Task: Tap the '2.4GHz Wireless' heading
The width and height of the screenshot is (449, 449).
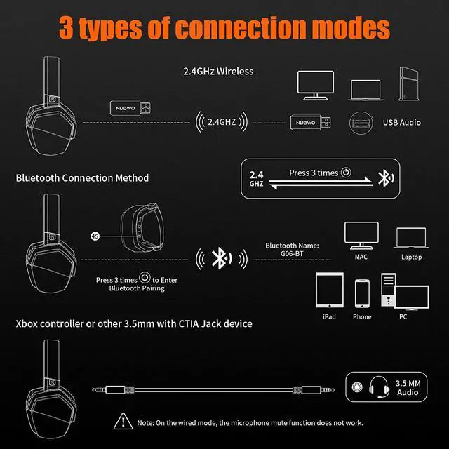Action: click(x=218, y=71)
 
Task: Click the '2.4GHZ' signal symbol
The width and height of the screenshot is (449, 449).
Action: click(x=221, y=122)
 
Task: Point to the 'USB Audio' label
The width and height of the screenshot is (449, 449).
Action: click(x=401, y=123)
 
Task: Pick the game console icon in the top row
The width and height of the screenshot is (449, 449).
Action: click(x=408, y=83)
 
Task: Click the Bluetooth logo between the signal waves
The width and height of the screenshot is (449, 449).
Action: click(x=221, y=259)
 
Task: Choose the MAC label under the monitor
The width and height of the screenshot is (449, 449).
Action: click(x=362, y=257)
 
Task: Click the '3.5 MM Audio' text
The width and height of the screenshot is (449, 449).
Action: click(x=407, y=387)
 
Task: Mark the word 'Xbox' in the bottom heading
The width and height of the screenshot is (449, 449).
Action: click(x=27, y=323)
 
